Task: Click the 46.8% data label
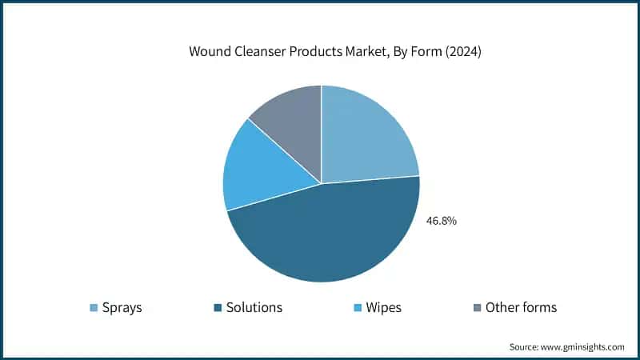[x=441, y=221]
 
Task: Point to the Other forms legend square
[x=478, y=308]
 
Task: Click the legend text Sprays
[x=122, y=308]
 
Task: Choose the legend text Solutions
[x=255, y=308]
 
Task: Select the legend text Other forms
[x=521, y=308]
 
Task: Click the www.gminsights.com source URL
[x=584, y=347]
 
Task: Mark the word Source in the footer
[x=526, y=347]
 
